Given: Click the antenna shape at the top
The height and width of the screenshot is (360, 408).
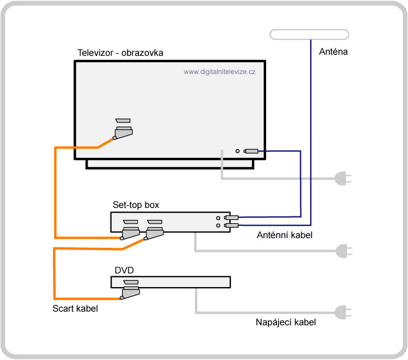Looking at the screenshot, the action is pos(309,34).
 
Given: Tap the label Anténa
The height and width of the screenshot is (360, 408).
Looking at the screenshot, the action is pos(333,51).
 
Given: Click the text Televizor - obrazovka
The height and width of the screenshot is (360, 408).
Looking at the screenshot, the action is pos(120,53).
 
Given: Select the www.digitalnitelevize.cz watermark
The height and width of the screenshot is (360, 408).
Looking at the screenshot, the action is pos(219,72).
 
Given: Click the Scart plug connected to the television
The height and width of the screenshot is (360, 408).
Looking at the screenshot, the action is pos(123,133).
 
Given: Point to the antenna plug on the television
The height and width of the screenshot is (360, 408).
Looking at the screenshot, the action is pos(251,151).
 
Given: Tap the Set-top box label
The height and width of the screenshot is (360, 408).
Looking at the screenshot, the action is pos(136,204).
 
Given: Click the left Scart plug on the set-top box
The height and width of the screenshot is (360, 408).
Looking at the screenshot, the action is pos(130,233).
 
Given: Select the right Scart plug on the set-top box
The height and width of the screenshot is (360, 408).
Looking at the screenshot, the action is pos(154,233).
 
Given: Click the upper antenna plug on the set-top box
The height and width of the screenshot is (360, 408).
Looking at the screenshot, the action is pos(231,218).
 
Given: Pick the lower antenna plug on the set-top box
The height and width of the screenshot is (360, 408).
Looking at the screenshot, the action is pos(231,226).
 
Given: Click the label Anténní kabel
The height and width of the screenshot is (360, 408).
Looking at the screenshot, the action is pos(284,235).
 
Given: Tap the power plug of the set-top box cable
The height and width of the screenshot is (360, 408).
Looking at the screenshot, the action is pos(344,251).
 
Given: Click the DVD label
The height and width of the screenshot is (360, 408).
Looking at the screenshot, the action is pos(124,270).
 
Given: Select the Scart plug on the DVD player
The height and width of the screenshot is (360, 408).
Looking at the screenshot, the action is pos(130,293).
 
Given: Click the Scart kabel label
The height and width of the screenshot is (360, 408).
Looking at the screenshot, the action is pos(75,309).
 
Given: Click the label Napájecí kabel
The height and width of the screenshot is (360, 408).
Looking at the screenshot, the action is pos(285,322).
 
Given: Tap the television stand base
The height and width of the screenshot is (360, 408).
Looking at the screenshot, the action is pos(170,164).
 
